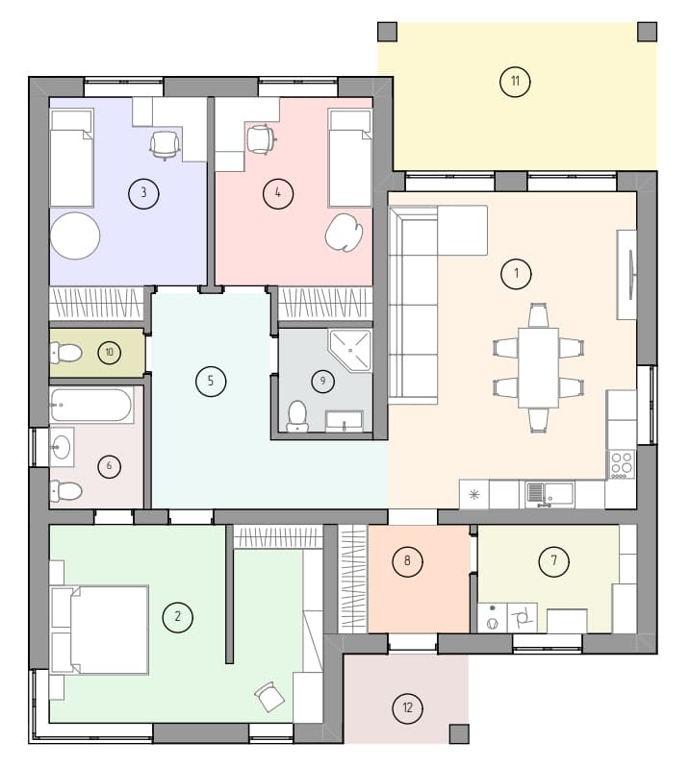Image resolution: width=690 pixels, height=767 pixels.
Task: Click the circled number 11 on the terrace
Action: (x=515, y=81)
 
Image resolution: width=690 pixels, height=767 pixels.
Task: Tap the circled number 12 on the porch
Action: (x=407, y=707)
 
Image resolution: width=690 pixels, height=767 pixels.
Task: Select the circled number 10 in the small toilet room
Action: (x=109, y=352)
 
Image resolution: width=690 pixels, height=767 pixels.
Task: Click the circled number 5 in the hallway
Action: (x=211, y=381)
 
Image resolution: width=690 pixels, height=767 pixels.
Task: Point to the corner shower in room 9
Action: (x=350, y=350)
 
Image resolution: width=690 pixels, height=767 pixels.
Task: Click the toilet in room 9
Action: (x=296, y=416)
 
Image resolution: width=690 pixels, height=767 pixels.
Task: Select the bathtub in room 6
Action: (x=91, y=405)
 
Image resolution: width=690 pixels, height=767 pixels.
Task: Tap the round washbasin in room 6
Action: (x=62, y=447)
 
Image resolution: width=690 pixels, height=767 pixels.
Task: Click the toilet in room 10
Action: (x=65, y=352)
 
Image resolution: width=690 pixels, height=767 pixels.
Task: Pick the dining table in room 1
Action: (x=538, y=367)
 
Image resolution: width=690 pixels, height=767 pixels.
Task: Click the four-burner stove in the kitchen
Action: (x=622, y=464)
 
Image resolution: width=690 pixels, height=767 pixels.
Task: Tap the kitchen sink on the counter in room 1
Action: (x=549, y=494)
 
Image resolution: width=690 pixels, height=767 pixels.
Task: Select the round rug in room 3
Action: (x=75, y=235)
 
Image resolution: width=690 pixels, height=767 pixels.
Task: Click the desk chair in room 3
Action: (x=165, y=145)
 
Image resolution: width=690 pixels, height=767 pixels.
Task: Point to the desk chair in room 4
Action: (x=260, y=139)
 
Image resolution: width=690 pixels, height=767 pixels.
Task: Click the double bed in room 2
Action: (x=100, y=630)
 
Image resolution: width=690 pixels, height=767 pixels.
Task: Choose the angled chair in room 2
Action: (x=269, y=697)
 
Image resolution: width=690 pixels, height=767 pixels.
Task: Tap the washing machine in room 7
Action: (x=493, y=618)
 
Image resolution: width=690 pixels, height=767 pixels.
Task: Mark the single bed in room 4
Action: (x=350, y=158)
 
